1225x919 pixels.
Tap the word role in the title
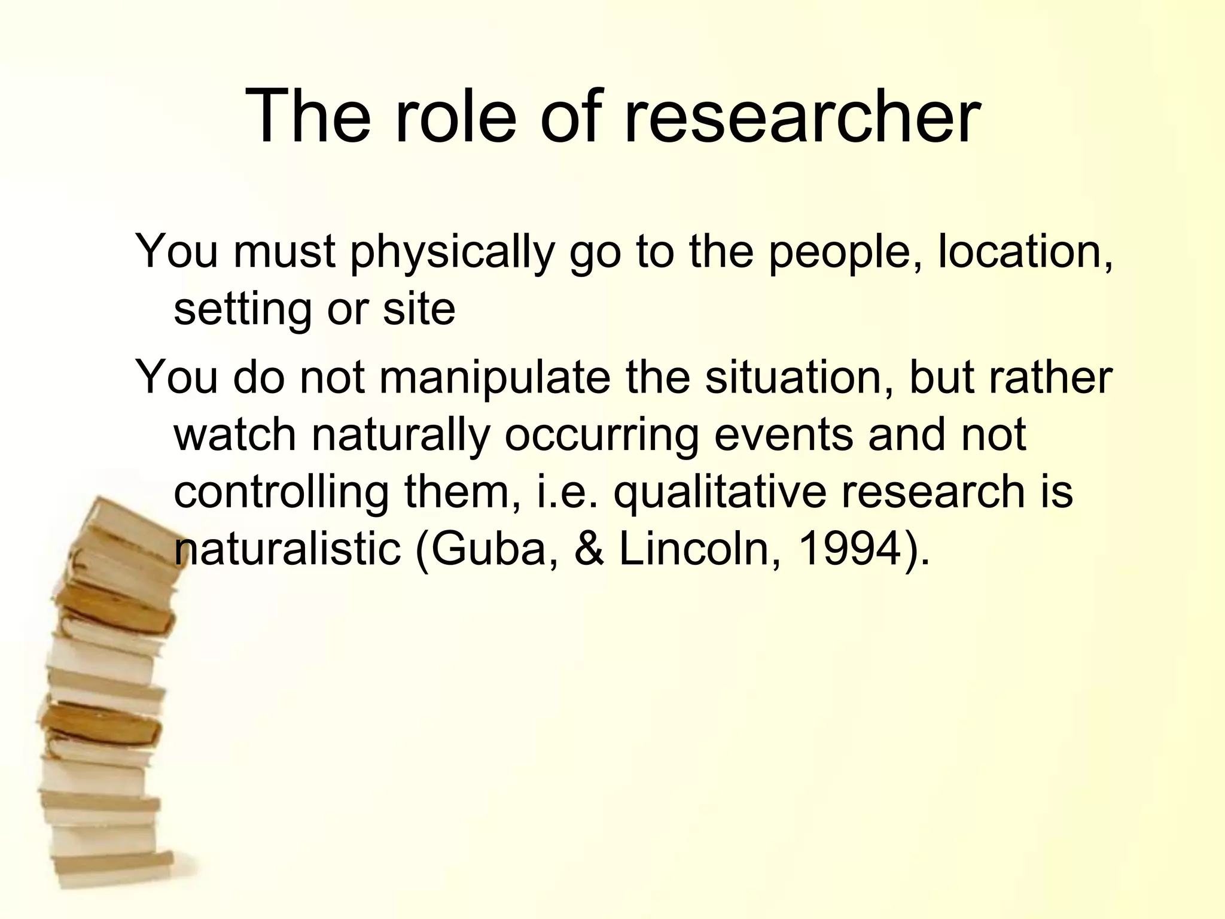455,117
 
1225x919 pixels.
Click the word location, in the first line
1025,252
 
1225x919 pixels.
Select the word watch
235,435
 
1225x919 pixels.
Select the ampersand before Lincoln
589,549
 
